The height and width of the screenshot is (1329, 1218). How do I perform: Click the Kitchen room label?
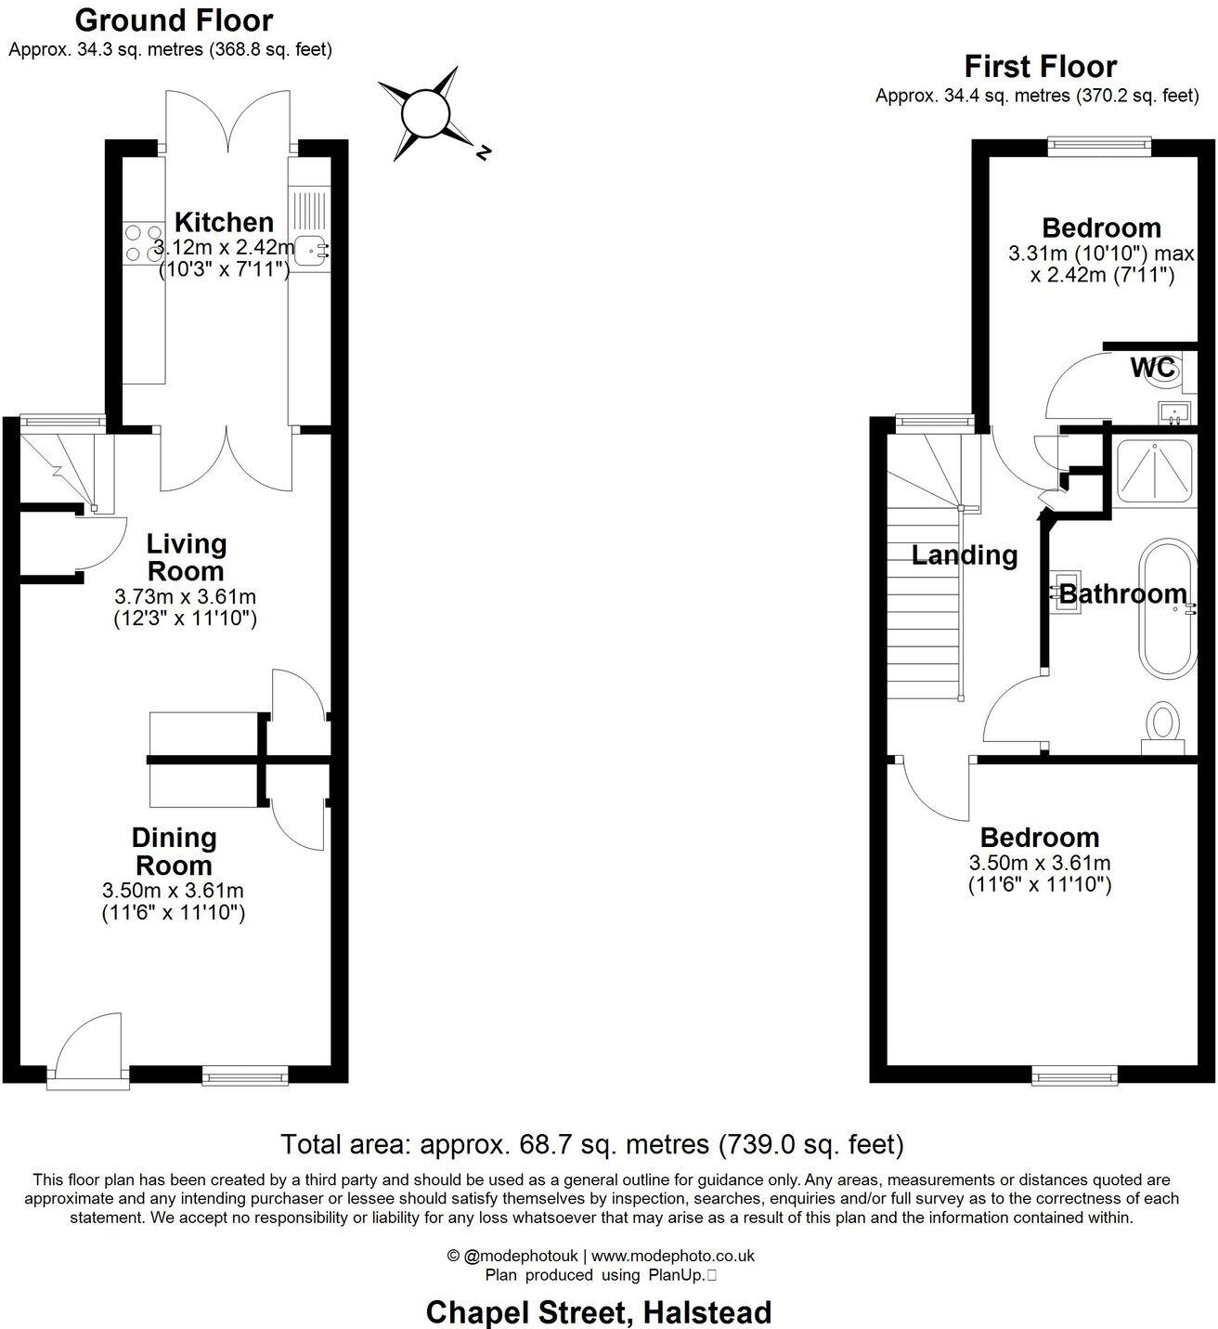pos(224,222)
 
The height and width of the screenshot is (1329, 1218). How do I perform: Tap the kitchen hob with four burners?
pos(142,241)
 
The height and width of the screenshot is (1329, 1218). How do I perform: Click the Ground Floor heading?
pos(174,20)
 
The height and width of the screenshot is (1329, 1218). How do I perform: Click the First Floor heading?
pos(1040,66)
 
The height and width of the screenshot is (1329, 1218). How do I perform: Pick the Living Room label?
pos(186,557)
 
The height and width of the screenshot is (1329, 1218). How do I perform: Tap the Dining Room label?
pos(174,851)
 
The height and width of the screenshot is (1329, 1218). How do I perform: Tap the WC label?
pos(1152,367)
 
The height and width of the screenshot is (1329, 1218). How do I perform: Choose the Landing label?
pos(964,555)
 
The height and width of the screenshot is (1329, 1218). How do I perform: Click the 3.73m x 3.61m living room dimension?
pos(185,595)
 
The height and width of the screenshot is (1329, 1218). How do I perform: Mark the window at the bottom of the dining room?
pos(245,1076)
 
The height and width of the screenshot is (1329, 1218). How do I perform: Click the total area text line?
pos(591,1143)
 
